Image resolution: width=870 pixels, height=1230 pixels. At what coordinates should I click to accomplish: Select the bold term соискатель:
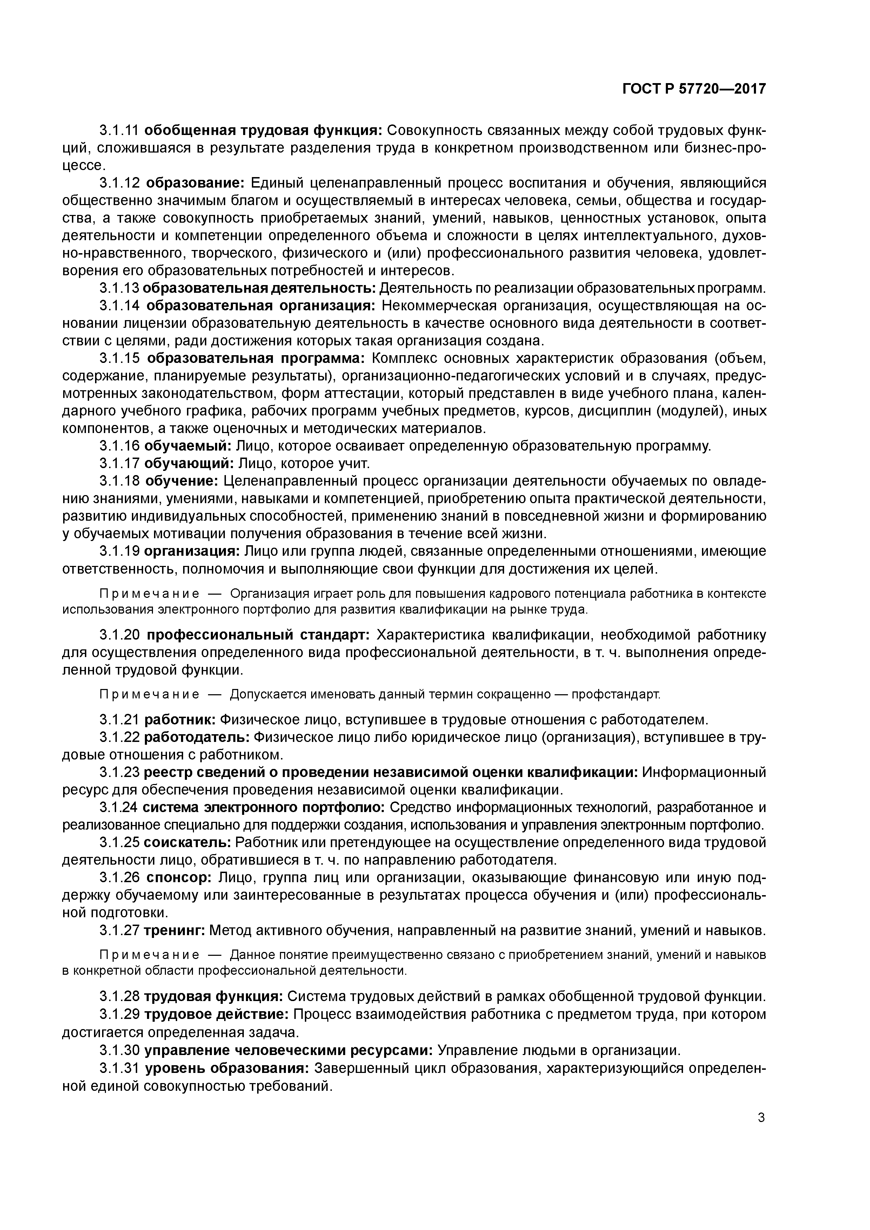click(187, 843)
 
